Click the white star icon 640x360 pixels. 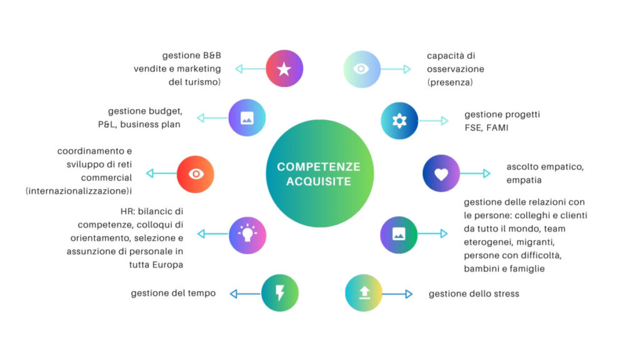click(284, 69)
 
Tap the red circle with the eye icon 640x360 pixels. click(195, 173)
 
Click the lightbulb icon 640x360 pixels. click(247, 234)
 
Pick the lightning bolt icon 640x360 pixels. click(280, 293)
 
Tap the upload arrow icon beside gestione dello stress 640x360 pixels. click(364, 293)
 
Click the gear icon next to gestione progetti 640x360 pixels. click(399, 121)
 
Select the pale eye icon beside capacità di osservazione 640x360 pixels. click(362, 69)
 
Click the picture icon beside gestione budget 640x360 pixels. click(247, 117)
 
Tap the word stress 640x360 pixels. click(504, 294)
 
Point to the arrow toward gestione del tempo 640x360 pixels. click(245, 293)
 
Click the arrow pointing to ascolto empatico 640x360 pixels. click(475, 174)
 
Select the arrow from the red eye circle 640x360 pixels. click(161, 173)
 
